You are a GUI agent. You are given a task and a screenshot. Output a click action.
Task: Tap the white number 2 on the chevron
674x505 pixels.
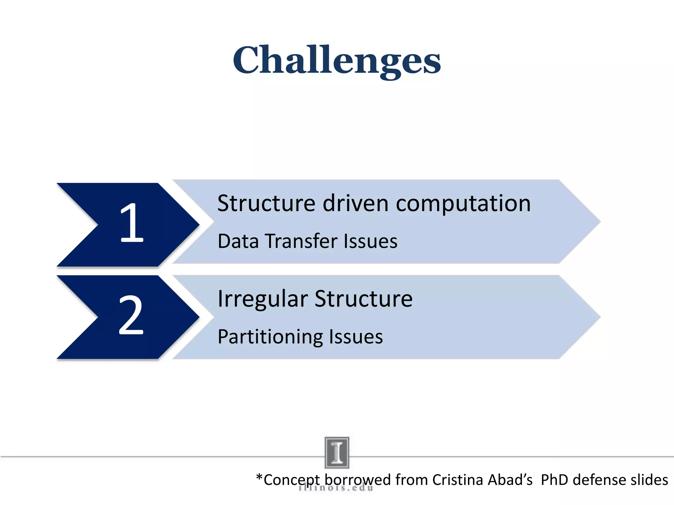(131, 315)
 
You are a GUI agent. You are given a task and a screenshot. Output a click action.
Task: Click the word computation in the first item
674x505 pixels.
(463, 204)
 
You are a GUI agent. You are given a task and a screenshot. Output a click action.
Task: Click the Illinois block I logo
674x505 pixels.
(337, 452)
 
